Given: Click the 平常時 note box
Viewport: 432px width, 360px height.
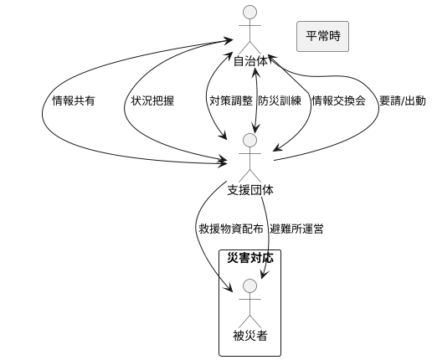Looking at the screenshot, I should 322,36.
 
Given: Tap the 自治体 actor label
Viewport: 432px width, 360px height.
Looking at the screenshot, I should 249,61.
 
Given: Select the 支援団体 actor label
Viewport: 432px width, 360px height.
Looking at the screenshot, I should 249,189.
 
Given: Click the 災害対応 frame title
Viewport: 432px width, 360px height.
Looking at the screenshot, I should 249,258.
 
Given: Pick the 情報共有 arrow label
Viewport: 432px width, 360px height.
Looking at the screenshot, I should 74,100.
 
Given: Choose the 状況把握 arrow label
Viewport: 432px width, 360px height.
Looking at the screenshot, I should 152,100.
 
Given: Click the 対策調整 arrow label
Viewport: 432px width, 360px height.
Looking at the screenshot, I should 231,100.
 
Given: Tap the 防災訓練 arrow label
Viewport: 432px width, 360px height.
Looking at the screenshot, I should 276,100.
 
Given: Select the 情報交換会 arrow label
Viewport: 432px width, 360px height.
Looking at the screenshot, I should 338,100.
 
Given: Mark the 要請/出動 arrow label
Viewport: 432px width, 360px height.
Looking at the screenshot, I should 402,100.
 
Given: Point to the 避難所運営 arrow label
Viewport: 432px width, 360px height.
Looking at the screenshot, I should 297,229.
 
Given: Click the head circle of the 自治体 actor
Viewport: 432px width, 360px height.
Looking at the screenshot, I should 249,13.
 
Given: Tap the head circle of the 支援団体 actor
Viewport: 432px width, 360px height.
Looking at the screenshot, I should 249,140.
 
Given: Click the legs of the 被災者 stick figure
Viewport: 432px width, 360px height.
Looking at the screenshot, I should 249,321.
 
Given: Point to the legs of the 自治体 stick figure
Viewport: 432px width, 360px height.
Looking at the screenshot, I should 249,47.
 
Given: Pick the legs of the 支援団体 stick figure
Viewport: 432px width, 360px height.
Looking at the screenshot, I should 249,174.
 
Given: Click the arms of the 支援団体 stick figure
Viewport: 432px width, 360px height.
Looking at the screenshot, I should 249,153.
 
